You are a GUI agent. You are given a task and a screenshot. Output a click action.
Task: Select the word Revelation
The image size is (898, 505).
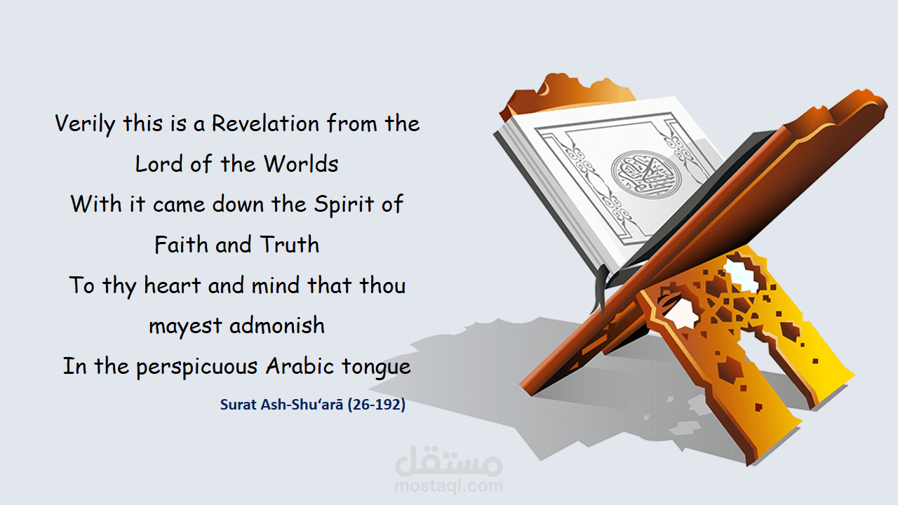(265, 124)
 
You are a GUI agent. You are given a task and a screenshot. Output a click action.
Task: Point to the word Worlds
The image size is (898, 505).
(301, 164)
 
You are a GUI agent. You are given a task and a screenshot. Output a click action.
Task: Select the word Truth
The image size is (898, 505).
(289, 245)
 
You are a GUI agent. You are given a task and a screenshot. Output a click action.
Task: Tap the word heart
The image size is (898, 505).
(171, 285)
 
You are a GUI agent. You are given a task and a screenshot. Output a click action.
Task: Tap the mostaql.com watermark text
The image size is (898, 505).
(449, 485)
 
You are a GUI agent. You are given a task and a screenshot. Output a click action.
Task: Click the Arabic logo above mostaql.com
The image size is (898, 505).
(449, 459)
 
